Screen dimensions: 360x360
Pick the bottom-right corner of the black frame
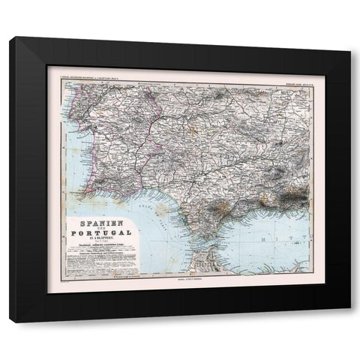[x=350, y=322]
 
